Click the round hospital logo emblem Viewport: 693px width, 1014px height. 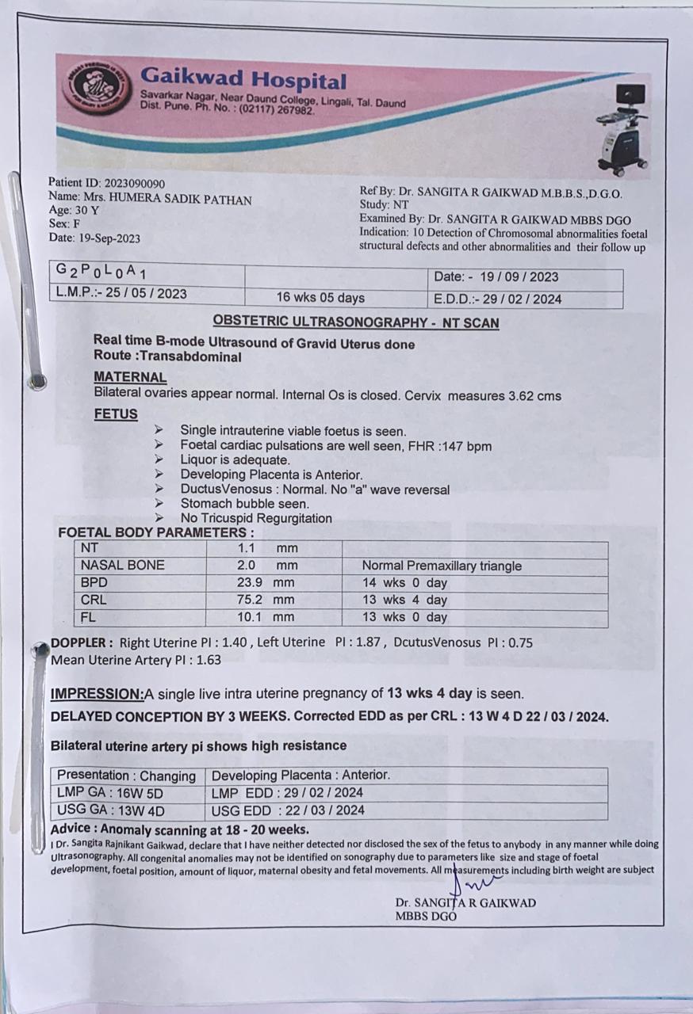click(x=96, y=86)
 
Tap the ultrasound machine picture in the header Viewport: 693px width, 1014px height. click(x=623, y=128)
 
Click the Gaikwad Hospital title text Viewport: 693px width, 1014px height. click(x=243, y=79)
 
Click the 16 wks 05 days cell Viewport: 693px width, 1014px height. click(x=320, y=298)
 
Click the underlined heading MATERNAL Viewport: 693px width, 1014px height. click(x=130, y=377)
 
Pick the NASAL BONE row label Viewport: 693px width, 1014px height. click(x=123, y=566)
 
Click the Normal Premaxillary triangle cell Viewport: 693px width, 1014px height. click(x=442, y=566)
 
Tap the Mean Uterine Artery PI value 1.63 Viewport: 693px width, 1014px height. click(x=208, y=659)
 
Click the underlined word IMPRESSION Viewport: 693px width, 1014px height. click(x=97, y=694)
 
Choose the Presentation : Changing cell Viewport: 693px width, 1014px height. click(x=126, y=776)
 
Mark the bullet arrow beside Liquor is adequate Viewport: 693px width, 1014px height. click(x=159, y=459)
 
